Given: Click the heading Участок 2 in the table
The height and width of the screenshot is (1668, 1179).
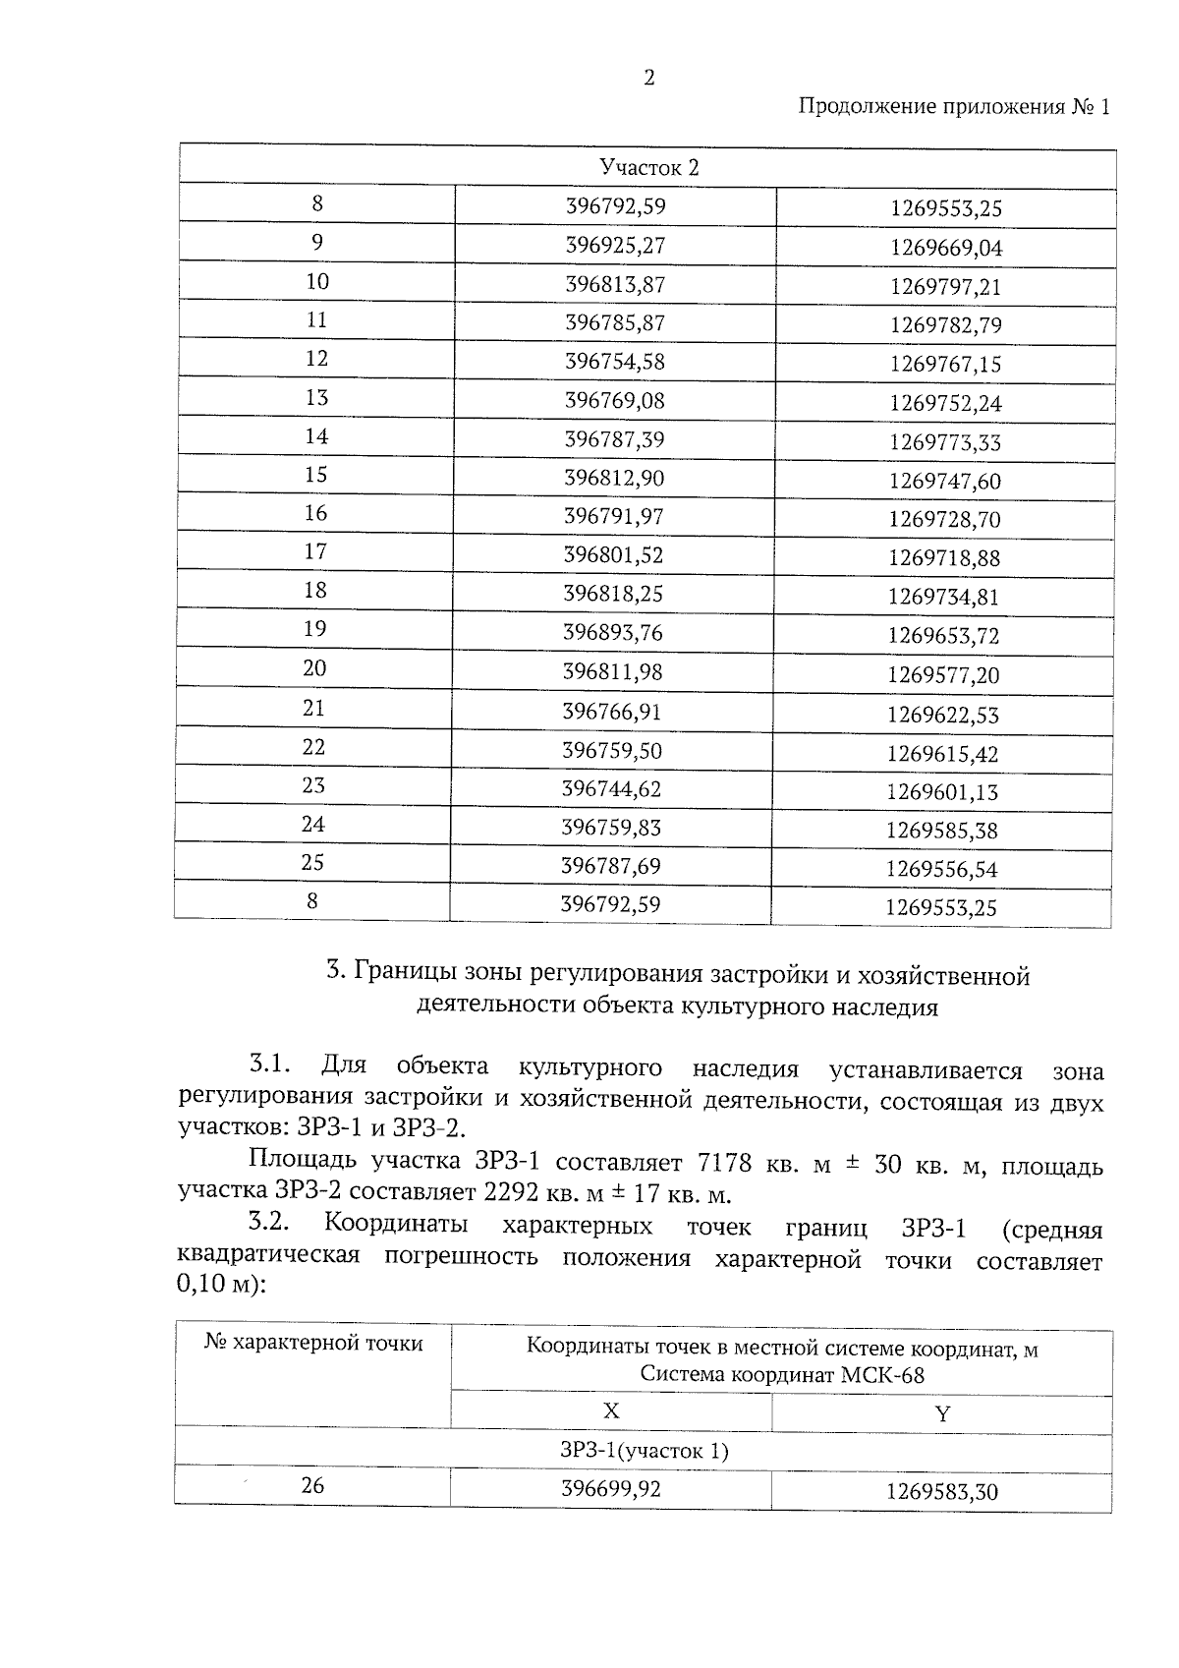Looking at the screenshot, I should click(648, 168).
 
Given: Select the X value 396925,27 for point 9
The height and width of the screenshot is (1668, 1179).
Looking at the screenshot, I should click(615, 245).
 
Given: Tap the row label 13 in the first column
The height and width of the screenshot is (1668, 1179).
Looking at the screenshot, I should click(316, 398).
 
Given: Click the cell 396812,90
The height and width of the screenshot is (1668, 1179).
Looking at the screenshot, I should click(614, 478).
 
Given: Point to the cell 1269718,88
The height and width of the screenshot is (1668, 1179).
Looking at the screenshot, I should click(944, 558).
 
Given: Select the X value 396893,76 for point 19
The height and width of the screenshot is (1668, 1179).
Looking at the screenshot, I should click(613, 632).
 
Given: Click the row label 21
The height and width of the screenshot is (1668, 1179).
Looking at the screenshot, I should click(313, 709).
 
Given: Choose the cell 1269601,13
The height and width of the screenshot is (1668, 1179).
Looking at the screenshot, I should click(942, 792).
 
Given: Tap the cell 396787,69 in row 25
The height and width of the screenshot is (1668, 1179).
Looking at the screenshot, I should click(611, 866).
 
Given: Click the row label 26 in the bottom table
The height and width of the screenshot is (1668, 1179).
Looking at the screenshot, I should click(312, 1485).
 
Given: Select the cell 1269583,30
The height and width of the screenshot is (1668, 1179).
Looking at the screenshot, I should click(941, 1492).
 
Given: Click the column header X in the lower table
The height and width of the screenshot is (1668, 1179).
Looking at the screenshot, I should click(611, 1411).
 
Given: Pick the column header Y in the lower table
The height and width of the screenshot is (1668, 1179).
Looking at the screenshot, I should click(942, 1414).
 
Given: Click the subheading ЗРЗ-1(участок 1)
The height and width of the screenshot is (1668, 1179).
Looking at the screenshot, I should click(645, 1450).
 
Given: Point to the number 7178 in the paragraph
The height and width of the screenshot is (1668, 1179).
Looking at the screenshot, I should click(724, 1164).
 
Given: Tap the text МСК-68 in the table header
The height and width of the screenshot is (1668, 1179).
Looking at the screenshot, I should click(882, 1374).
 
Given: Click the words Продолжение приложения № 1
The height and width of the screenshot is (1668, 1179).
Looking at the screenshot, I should click(953, 106).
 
